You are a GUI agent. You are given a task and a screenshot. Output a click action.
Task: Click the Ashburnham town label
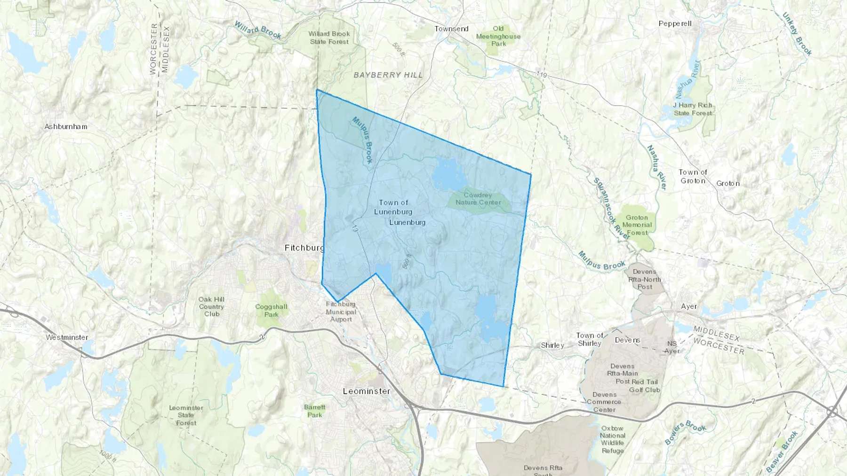point(66,126)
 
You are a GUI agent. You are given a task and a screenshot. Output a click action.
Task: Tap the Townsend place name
point(451,29)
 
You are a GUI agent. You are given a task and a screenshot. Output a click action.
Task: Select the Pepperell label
point(675,23)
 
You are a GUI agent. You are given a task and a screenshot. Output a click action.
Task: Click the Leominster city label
point(367,391)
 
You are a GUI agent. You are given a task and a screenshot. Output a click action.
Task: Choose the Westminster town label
point(67,337)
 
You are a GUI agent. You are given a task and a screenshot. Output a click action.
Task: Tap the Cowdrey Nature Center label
point(478,199)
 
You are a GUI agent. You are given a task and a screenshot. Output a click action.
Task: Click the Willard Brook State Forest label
point(329,38)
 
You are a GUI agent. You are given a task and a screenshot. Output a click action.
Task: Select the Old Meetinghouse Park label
point(498,36)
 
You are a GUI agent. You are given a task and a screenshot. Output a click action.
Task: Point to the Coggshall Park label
point(271,311)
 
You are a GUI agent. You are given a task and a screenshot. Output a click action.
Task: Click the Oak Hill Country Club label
point(211,306)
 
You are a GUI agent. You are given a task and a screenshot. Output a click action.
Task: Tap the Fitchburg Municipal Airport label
point(341,312)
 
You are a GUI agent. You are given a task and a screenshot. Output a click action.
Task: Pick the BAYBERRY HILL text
point(388,75)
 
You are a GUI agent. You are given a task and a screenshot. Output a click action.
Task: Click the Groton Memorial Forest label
point(637,225)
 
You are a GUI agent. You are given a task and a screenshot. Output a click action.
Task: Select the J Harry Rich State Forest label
point(693,109)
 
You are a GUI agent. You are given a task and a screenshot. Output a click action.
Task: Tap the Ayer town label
point(689,306)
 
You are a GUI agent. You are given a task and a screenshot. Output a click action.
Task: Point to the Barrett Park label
point(314,411)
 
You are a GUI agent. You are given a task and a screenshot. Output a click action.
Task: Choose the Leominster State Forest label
point(186,415)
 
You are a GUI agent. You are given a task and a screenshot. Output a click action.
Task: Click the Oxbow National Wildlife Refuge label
point(612,439)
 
